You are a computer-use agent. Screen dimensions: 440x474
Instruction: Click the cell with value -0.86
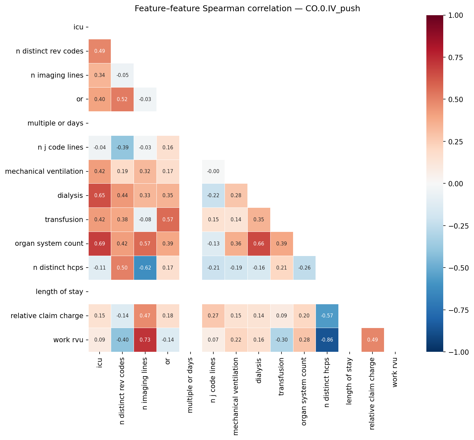[327, 340]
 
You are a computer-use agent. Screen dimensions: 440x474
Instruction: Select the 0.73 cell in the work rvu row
[145, 340]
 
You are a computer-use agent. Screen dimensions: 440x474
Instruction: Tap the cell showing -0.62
[145, 268]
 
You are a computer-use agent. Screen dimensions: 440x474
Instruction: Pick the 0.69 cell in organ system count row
[100, 243]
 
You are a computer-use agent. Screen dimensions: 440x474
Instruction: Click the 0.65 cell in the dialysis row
[100, 195]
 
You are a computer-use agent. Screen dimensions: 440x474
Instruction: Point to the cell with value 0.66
[259, 243]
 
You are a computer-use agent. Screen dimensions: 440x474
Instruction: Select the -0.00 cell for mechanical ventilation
[213, 171]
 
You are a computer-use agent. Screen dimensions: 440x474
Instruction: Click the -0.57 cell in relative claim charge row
[327, 316]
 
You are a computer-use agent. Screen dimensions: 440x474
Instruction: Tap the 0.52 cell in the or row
[122, 99]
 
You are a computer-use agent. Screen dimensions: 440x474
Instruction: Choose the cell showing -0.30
[281, 340]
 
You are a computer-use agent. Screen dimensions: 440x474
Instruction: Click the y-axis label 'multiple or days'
[55, 123]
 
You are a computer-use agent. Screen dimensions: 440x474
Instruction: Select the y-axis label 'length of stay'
[59, 292]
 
